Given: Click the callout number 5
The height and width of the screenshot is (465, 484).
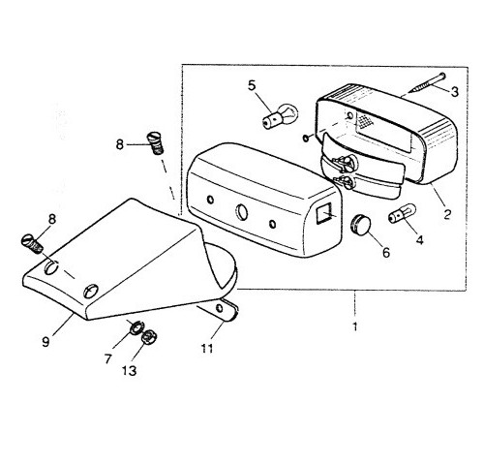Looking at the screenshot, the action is point(252,85).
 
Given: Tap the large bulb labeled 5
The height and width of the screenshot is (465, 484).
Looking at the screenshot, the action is point(280,116).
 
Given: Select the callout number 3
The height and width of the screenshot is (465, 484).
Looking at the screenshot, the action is point(454,92).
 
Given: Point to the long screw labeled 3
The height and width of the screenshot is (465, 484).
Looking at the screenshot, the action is point(427,83).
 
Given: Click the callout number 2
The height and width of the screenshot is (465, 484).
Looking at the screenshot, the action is point(447,214).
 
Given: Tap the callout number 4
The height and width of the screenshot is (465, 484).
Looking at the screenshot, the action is point(419,239).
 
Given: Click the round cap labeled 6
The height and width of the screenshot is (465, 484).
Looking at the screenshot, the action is point(360,225).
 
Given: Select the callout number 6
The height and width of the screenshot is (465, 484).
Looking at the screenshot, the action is point(386,253).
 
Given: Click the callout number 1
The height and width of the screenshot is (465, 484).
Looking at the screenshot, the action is point(355,326).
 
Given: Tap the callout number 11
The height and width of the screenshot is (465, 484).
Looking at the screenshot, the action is point(207,348).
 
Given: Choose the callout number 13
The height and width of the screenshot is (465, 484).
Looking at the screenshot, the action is point(129,371).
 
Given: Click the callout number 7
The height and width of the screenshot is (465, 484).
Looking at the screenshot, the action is point(107,358).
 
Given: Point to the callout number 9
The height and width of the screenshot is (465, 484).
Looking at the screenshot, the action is point(45,341).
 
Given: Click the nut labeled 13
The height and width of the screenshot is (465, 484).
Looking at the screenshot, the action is point(149,338).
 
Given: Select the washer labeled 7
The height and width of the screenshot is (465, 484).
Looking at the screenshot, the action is point(136,328).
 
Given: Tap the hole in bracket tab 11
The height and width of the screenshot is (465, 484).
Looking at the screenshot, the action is point(220,308).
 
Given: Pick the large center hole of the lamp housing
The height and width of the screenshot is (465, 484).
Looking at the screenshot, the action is point(242,211).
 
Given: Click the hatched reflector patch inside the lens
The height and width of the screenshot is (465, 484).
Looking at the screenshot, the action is point(363,121).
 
